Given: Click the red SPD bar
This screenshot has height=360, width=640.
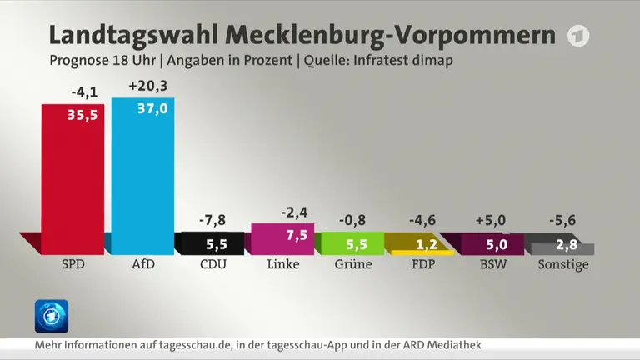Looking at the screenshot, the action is [72, 180].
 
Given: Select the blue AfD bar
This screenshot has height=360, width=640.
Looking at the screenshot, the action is [142, 177].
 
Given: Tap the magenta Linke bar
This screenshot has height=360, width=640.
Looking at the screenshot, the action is [282, 239].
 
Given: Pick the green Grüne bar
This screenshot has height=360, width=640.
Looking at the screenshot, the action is [352, 243].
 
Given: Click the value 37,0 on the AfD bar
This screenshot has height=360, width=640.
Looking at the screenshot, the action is [152, 108].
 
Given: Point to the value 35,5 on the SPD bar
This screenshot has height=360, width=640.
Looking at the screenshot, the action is [82, 115].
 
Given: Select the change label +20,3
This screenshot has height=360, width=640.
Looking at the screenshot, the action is [147, 86].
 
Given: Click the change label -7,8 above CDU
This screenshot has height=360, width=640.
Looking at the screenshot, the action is [212, 220].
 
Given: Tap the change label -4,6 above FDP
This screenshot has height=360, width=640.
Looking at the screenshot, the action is [422, 220].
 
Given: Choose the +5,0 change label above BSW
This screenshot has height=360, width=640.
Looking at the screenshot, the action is [491, 220].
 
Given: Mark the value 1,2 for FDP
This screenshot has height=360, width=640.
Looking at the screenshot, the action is [427, 244].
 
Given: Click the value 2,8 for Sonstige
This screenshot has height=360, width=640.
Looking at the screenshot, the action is [567, 244].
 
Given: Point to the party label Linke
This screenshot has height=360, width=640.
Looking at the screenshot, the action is [283, 264].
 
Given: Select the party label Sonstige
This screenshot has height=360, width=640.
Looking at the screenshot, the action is [563, 264].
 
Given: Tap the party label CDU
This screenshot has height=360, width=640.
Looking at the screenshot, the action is [213, 264].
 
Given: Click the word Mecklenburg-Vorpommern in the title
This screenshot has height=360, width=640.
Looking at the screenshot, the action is [391, 36].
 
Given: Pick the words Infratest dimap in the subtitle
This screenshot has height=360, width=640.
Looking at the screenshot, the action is [403, 60].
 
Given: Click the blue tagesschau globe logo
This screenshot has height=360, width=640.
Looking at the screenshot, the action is [52, 317].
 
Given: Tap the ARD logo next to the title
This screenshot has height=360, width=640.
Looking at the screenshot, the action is [578, 36].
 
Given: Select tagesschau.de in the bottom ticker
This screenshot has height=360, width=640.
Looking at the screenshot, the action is [195, 345].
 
